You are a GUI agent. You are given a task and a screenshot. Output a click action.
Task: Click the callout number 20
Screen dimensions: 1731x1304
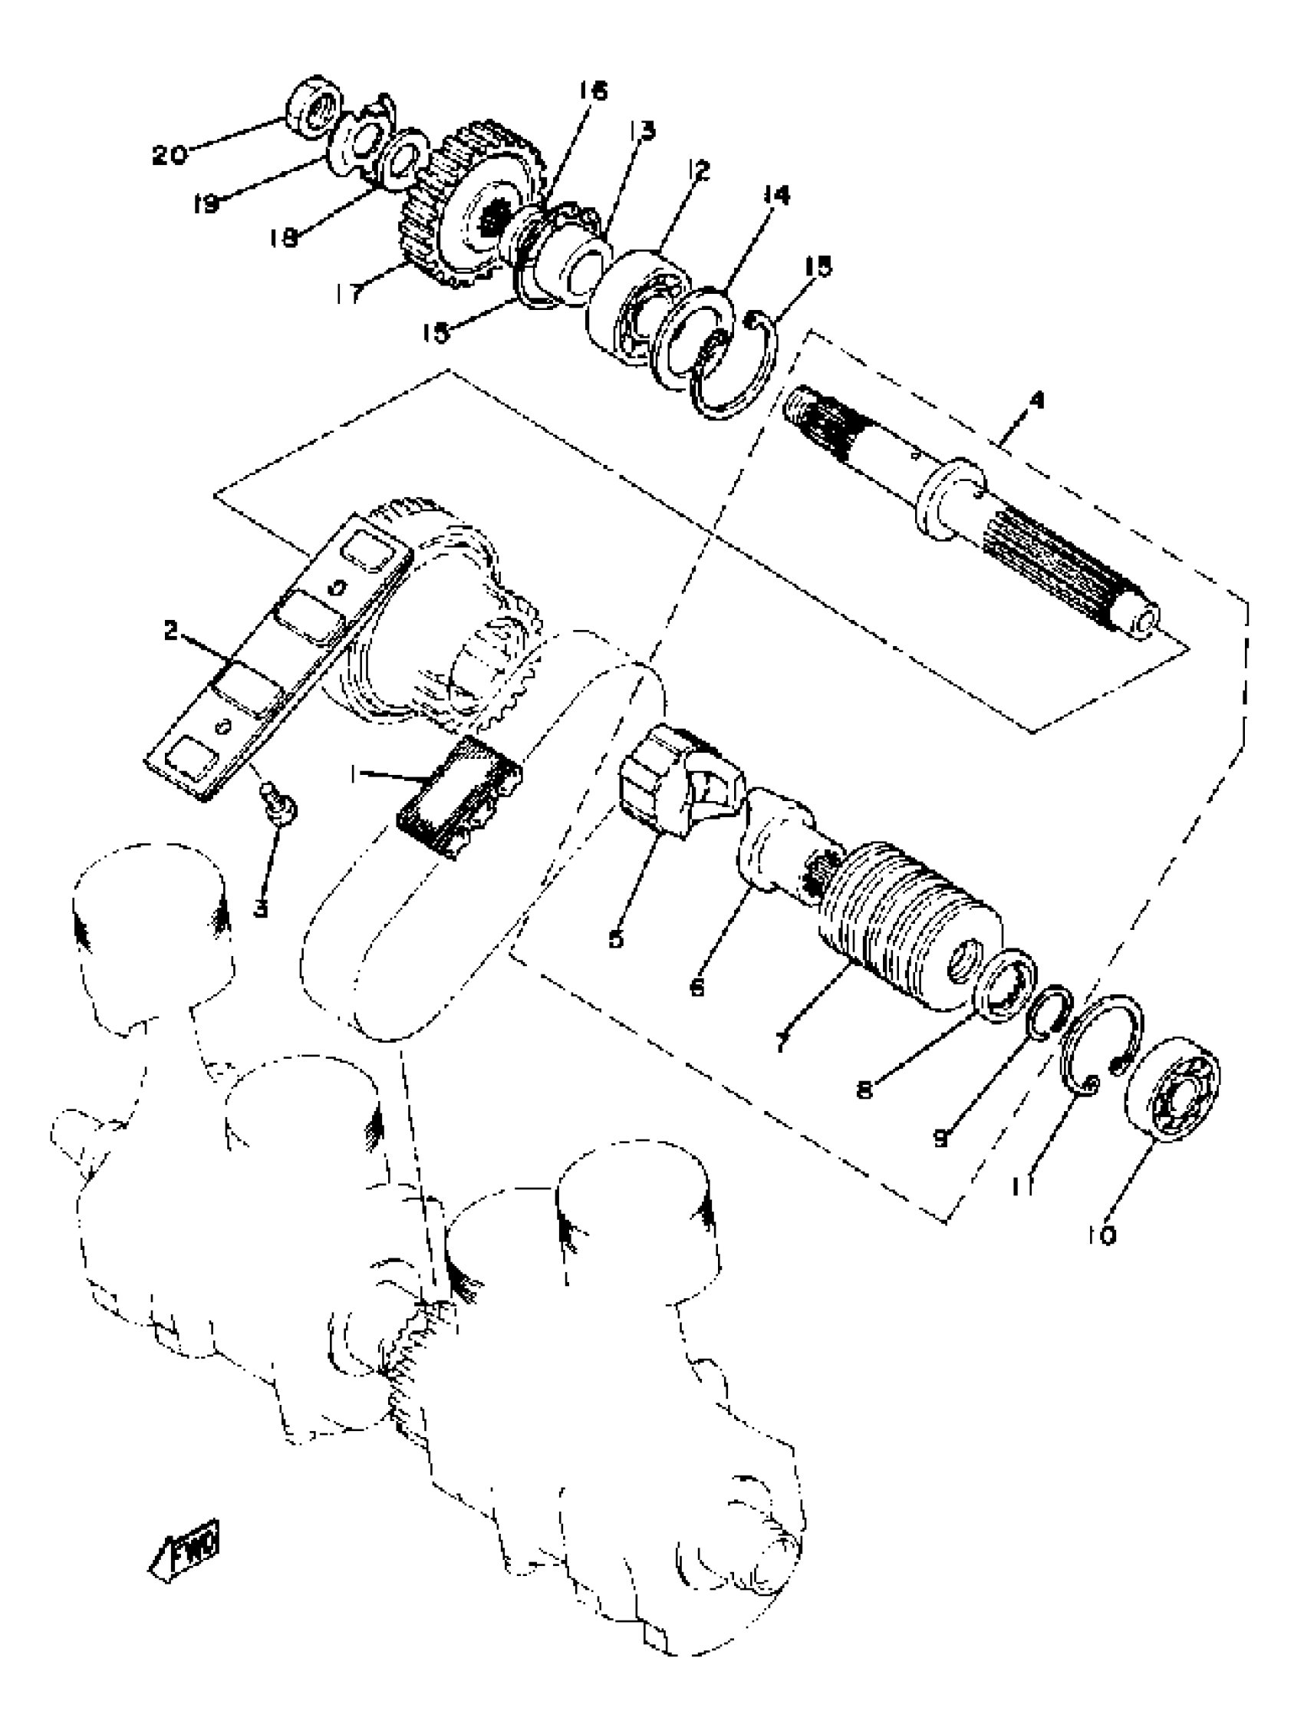click(169, 155)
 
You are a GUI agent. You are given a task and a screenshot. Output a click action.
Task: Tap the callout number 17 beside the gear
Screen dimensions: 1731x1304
click(349, 293)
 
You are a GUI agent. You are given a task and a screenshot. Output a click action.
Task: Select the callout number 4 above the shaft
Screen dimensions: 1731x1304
click(1036, 401)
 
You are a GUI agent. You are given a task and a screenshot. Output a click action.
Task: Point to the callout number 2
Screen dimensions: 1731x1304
click(171, 631)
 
